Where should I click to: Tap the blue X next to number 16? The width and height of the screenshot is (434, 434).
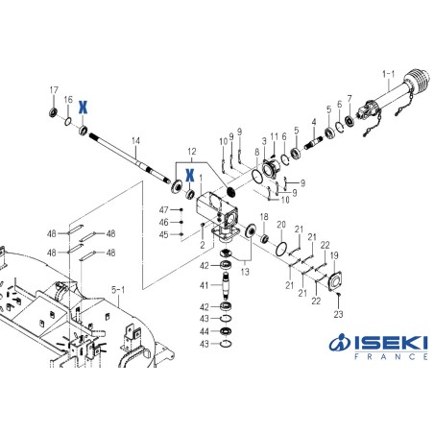(84, 106)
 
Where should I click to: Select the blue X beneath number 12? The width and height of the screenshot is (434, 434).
(190, 174)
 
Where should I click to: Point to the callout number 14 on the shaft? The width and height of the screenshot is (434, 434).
(135, 141)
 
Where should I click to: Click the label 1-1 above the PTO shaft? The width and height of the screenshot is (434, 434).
(389, 72)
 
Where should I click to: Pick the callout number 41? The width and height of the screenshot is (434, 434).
(203, 286)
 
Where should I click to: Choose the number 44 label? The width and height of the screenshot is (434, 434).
(203, 330)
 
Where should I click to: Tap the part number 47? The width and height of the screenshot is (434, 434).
(163, 210)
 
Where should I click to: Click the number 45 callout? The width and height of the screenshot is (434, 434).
(163, 234)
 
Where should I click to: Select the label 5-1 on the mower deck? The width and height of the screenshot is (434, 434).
(118, 288)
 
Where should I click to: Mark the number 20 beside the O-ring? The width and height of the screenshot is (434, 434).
(280, 226)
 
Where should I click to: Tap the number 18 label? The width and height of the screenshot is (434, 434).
(264, 218)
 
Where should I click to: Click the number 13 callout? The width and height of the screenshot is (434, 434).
(244, 272)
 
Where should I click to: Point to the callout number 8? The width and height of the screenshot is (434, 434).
(256, 151)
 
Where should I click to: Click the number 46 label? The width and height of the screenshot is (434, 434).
(163, 222)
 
